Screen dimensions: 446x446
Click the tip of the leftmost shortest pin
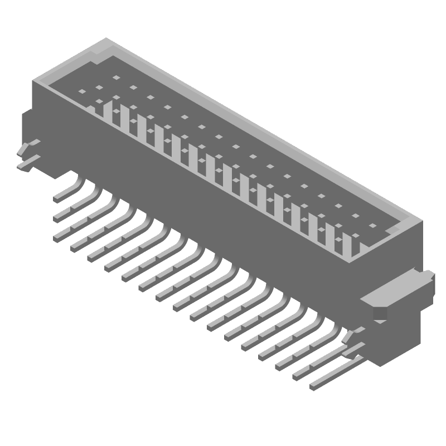point(57,198)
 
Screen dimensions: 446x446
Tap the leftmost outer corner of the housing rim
point(33,81)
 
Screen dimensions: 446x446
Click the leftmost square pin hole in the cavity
point(81,91)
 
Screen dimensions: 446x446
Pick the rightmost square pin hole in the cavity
point(372,225)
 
